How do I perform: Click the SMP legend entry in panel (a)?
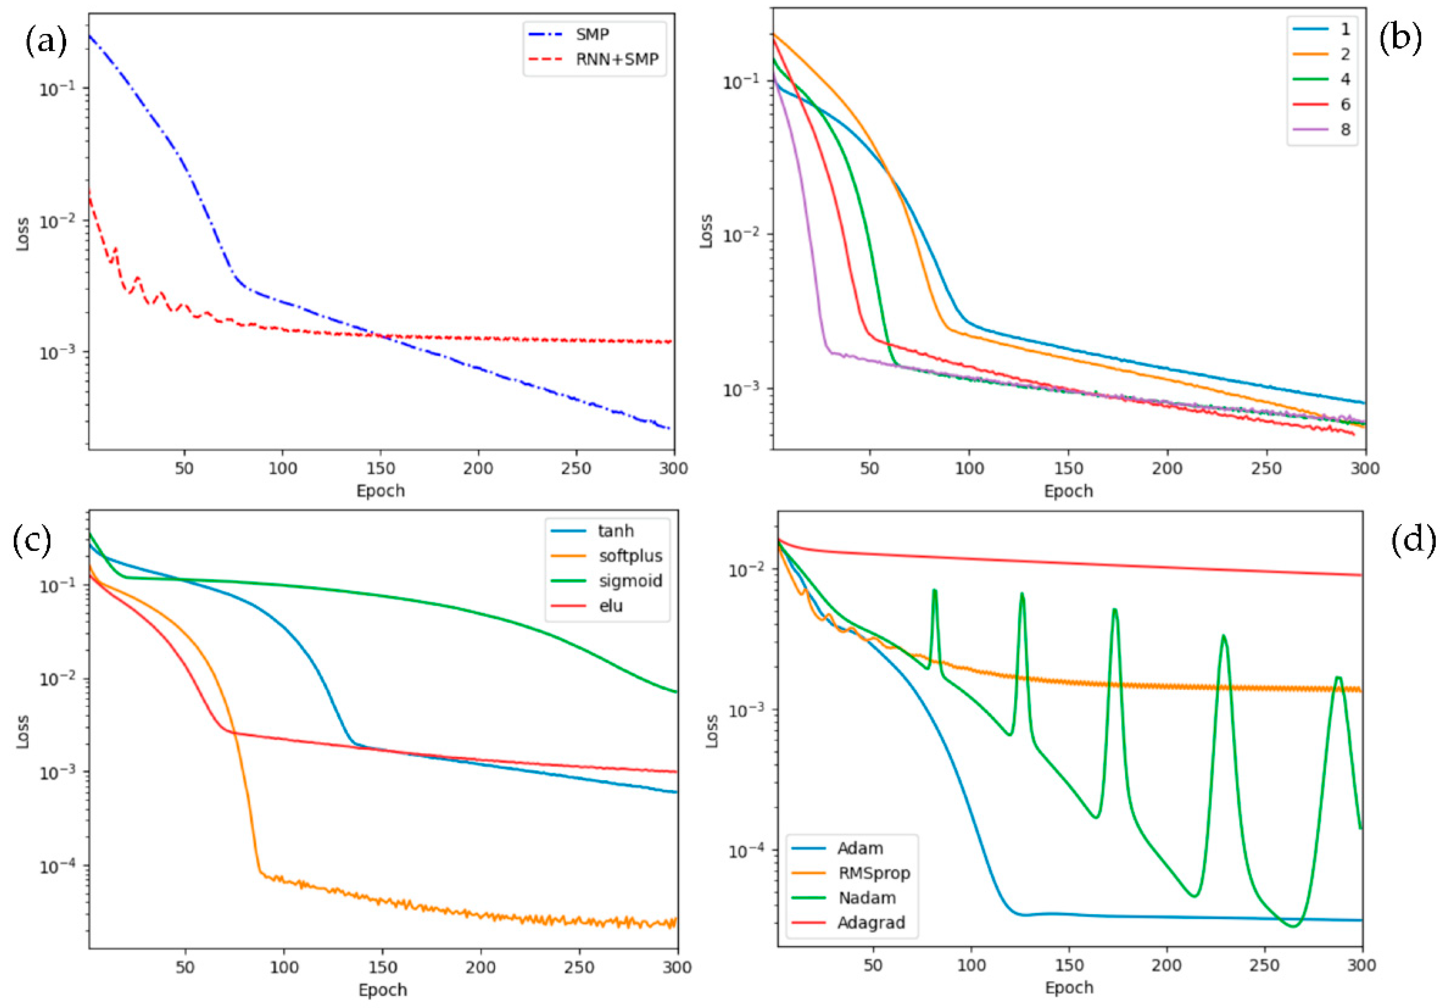[592, 34]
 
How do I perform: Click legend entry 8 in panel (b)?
[1345, 130]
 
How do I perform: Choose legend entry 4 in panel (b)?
[1345, 79]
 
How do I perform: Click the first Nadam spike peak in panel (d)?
[935, 591]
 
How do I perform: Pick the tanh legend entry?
[615, 531]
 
